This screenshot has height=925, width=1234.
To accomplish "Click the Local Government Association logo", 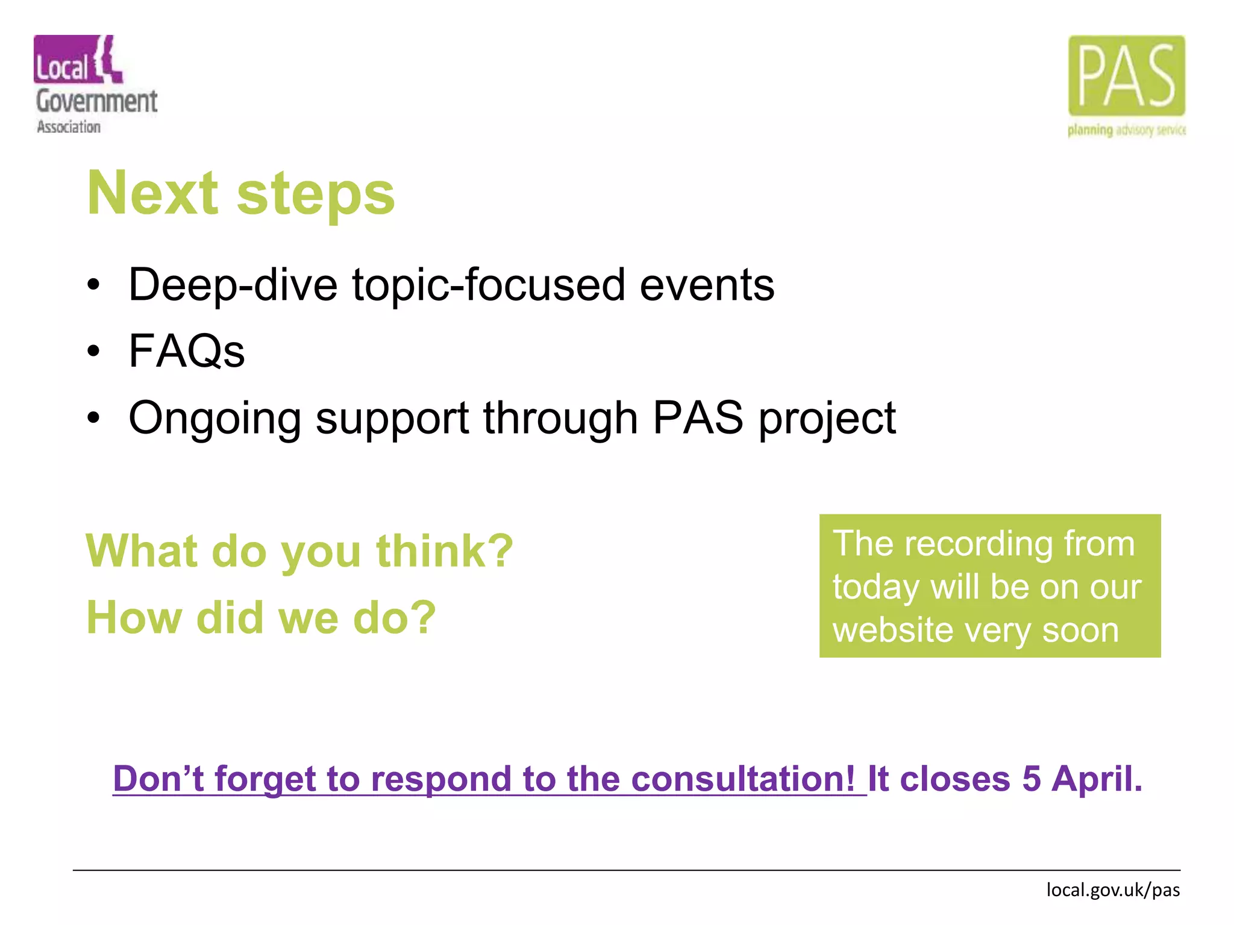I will click(95, 84).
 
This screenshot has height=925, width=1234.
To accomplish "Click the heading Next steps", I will click(241, 193).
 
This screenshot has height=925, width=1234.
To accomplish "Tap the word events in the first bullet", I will click(706, 285).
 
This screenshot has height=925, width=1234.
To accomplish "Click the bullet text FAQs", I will click(187, 351).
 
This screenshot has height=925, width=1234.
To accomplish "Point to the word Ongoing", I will click(215, 419).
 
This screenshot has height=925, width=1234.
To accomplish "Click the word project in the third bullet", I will click(827, 419).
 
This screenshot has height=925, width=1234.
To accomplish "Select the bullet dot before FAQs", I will click(93, 351).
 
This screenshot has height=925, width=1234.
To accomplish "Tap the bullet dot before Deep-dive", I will click(93, 285).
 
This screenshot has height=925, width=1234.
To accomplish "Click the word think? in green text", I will click(444, 551).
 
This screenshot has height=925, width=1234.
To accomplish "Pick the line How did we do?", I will click(261, 618).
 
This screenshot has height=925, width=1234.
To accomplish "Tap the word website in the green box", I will click(893, 631).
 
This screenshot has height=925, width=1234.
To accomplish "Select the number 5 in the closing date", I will click(1031, 779).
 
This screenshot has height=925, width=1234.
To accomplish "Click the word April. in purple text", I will click(1097, 779).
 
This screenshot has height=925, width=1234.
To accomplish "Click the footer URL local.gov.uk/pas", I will click(1112, 889).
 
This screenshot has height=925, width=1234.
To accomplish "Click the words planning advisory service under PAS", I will click(1126, 130).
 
